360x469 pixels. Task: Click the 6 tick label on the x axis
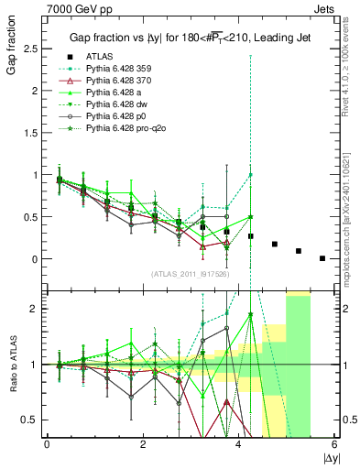[334, 444]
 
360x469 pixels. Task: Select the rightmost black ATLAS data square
[322, 258]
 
